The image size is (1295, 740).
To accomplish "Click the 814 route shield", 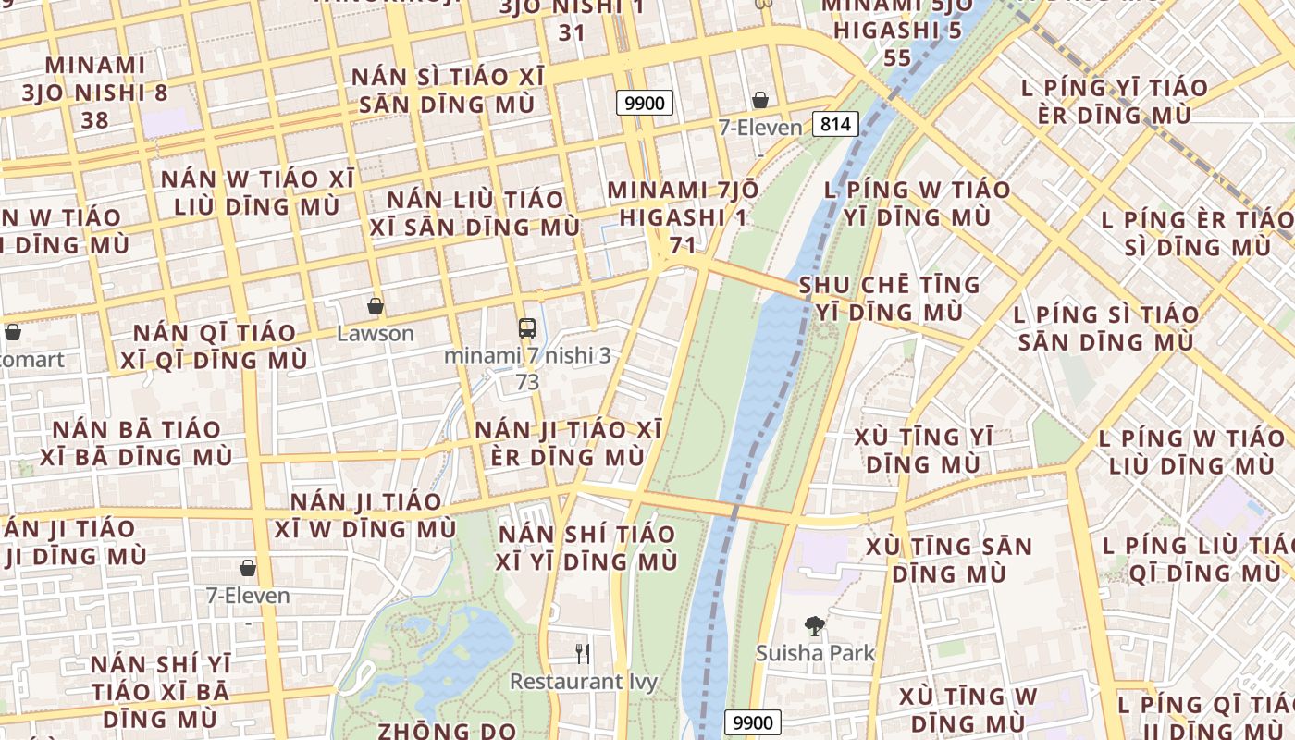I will [836, 123].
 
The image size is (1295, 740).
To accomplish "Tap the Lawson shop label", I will [375, 333].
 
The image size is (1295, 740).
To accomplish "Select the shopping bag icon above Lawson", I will [375, 305].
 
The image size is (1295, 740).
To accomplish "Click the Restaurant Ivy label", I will [584, 682].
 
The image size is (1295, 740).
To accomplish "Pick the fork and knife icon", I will [583, 654].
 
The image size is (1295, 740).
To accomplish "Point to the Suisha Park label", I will [815, 653].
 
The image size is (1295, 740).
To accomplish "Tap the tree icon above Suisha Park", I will [814, 626].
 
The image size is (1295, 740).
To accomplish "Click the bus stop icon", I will [526, 327].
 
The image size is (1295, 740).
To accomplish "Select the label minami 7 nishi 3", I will [527, 355].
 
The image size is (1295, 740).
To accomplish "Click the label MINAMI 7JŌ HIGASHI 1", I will [683, 203].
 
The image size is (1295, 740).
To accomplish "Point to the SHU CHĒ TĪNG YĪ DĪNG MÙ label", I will [889, 298].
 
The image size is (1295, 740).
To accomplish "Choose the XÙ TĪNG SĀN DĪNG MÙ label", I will [949, 560].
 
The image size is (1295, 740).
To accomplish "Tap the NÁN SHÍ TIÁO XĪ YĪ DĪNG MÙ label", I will [587, 548].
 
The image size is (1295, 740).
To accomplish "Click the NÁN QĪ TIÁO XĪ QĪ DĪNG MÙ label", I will [215, 347].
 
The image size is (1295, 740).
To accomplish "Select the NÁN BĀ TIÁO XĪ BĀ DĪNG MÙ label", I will [136, 443].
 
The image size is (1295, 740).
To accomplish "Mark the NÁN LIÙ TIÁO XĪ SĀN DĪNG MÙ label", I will [475, 213].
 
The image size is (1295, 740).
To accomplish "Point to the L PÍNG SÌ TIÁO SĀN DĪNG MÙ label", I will [1106, 327].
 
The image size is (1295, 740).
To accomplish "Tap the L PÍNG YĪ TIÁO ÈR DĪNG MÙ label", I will [1114, 102].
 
